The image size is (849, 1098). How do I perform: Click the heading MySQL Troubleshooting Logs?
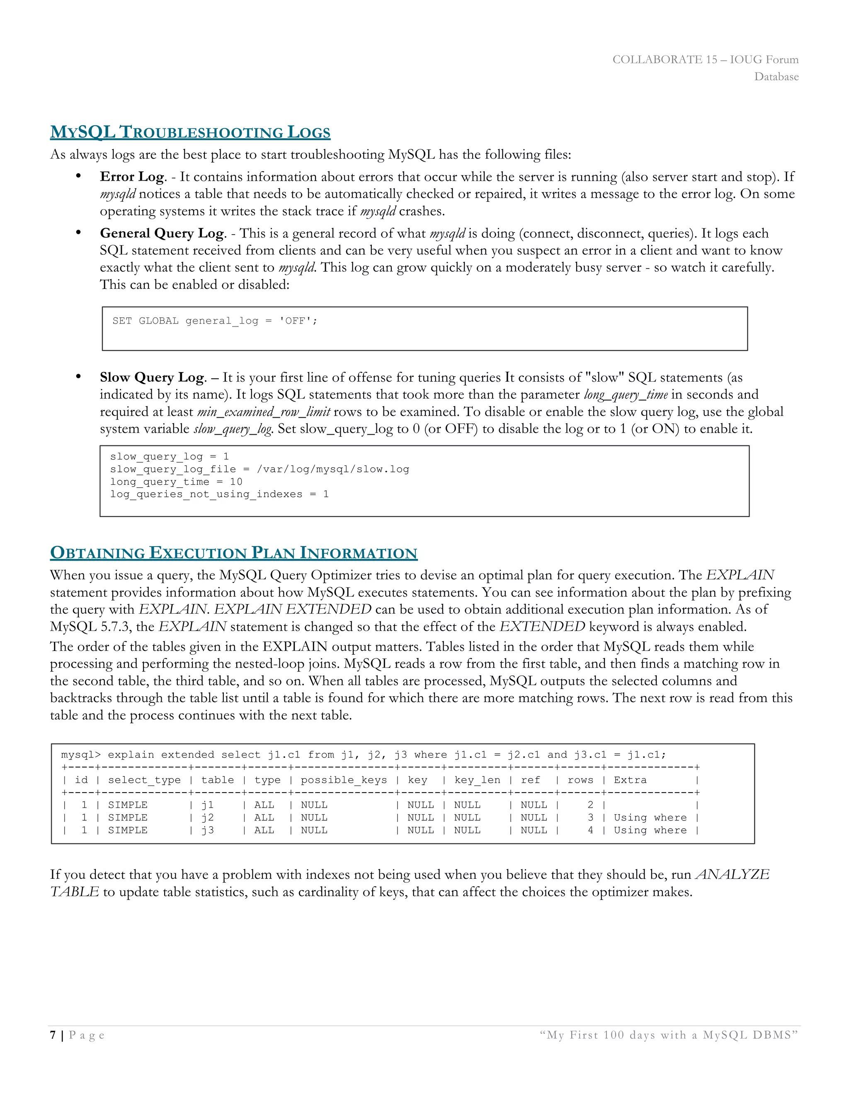coord(190,132)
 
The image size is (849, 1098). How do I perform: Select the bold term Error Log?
coord(132,177)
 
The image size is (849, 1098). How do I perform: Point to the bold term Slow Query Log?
coord(152,377)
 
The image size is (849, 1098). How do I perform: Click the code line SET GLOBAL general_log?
coord(215,321)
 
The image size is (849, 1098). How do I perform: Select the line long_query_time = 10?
coord(176,481)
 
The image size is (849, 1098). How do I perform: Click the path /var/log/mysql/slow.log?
coord(333,469)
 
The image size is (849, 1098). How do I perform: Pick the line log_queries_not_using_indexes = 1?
coord(219,494)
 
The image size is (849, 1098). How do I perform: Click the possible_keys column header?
coord(344,780)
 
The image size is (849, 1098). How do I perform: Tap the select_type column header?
coord(144,780)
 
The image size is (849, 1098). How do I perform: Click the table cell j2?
coord(207,817)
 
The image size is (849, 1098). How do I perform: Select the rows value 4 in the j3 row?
coord(590,830)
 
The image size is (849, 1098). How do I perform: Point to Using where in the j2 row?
coord(650,817)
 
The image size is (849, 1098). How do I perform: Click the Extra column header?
coord(630,780)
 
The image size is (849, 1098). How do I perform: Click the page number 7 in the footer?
coord(53,1035)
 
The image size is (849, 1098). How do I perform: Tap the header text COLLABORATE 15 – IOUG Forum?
coord(705,59)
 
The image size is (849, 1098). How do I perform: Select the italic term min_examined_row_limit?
coord(264,412)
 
